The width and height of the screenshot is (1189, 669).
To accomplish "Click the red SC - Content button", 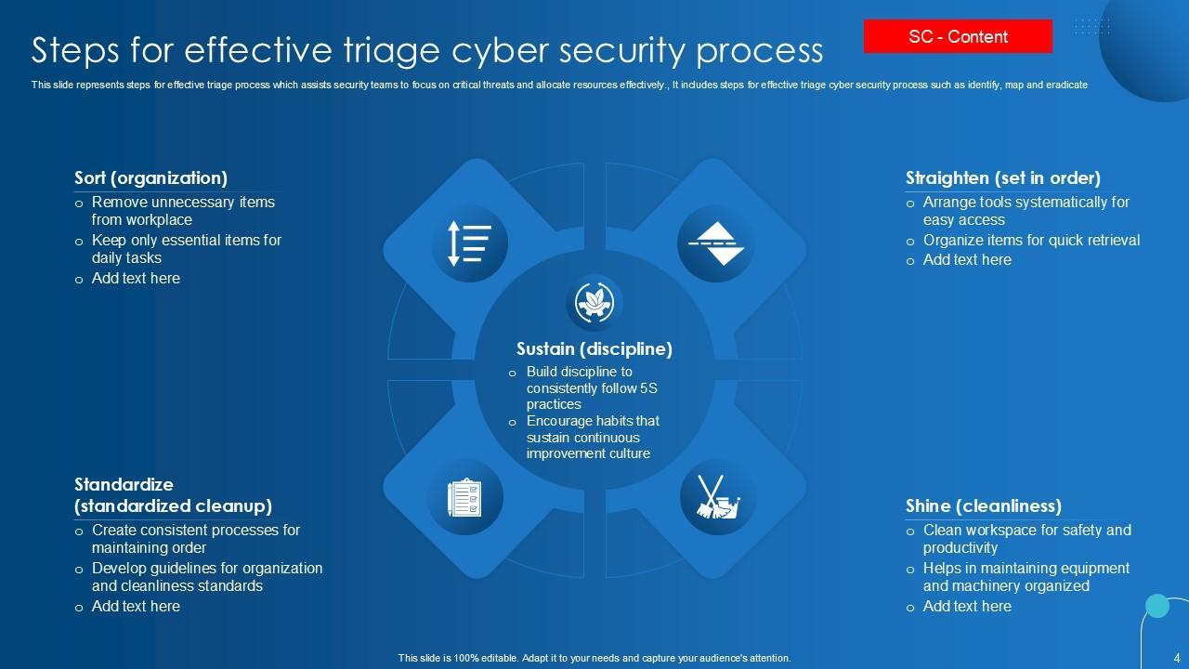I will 958,37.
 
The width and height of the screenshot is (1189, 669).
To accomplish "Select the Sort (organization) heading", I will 150,177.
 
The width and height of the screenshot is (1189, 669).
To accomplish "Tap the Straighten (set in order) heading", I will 1002,177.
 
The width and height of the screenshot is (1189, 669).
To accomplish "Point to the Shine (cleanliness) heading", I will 983,505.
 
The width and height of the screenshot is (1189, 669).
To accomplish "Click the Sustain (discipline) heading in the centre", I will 594,349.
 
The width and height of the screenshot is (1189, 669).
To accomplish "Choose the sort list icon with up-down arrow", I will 469,243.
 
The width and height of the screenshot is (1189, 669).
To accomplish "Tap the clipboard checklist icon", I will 464,497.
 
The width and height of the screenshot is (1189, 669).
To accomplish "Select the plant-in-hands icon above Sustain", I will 594,302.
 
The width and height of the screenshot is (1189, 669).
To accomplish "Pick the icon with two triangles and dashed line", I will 714,243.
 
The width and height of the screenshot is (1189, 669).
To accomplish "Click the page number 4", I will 1178,656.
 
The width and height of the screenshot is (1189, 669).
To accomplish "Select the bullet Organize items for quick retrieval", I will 1031,240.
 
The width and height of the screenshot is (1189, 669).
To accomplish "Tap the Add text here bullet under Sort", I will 136,278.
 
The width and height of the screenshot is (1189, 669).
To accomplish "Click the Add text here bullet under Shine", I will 967,606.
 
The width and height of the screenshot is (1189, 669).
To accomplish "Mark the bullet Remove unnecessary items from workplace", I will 183,211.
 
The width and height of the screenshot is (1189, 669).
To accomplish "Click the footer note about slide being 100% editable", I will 594,658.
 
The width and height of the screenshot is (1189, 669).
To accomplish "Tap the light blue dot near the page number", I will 1157,606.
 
